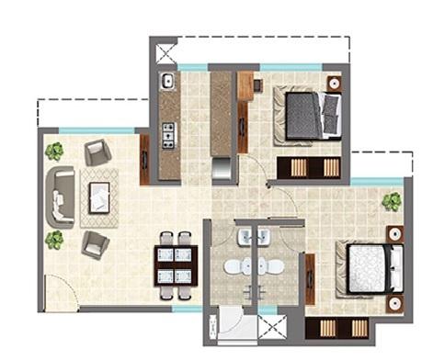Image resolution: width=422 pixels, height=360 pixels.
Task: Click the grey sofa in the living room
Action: pos(62,195)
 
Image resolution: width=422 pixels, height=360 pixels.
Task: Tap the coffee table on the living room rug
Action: pos(99,197)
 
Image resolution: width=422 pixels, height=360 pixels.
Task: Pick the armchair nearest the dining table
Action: pos(94,243)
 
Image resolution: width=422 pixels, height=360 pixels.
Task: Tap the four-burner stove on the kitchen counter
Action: pos(168,139)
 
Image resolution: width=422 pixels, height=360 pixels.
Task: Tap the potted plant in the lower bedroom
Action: pos(393,201)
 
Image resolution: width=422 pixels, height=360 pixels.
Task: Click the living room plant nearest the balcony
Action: pos(54,151)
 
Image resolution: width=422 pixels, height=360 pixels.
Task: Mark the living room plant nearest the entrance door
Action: pos(54,240)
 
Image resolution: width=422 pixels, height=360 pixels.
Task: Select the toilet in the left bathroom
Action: pos(234,267)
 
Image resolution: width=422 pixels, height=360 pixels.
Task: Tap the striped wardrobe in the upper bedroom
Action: pos(309,168)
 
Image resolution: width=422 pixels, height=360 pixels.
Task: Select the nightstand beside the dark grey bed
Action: pos(334,83)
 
